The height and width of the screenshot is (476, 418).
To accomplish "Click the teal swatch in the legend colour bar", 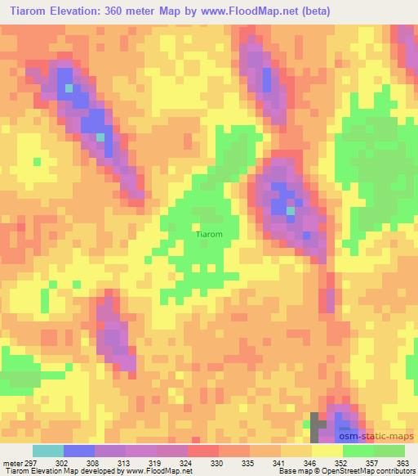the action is point(48,451).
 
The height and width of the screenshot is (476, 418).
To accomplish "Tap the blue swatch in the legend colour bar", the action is point(79,451).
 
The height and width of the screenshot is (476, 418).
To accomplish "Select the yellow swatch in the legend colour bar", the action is point(327,451).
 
